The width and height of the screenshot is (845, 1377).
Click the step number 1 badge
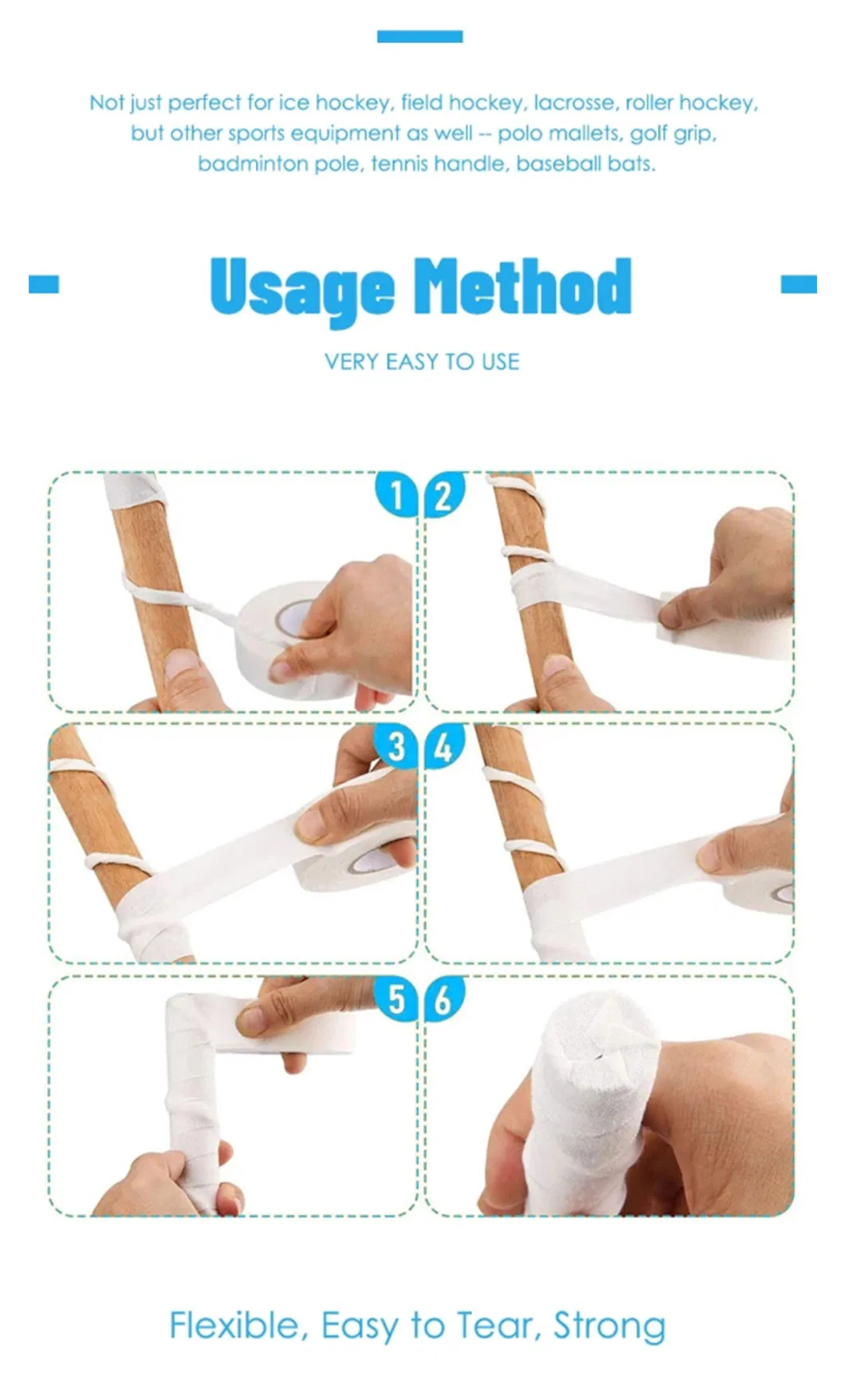396,494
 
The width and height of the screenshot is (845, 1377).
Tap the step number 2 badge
444,494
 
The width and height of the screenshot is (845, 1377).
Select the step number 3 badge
396,747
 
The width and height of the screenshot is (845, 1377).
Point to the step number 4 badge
444,747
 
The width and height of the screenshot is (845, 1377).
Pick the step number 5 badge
396,998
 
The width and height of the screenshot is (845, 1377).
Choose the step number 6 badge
444,998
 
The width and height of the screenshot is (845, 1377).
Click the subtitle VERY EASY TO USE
422,362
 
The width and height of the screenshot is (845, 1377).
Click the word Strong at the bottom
610,1327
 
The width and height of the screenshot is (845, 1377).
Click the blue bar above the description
420,37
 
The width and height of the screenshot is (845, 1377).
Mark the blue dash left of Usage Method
44,284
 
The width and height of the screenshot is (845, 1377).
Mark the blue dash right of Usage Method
799,284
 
